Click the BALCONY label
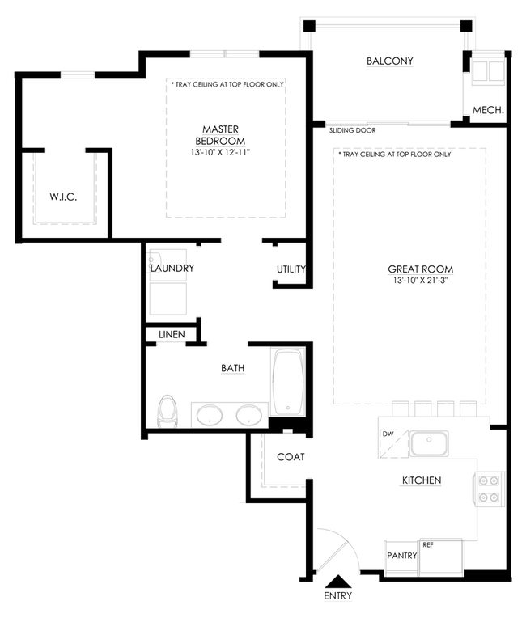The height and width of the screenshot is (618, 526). pyautogui.click(x=389, y=61)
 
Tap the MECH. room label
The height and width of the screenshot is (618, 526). pyautogui.click(x=488, y=110)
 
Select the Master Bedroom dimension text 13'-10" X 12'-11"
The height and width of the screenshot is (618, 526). pyautogui.click(x=220, y=152)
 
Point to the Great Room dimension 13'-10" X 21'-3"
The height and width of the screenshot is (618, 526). pyautogui.click(x=420, y=280)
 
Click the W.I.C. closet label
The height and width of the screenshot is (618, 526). pyautogui.click(x=63, y=197)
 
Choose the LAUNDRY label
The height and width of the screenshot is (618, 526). pyautogui.click(x=172, y=268)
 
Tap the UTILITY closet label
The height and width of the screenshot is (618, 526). pyautogui.click(x=291, y=269)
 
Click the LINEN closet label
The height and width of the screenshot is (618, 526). pyautogui.click(x=172, y=334)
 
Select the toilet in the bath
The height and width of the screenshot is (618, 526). pyautogui.click(x=168, y=411)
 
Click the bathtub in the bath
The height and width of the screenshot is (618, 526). pyautogui.click(x=288, y=383)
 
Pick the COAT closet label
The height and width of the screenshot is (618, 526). pyautogui.click(x=291, y=457)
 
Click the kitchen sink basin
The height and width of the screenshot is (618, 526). pyautogui.click(x=429, y=443)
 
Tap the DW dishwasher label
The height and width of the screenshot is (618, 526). pyautogui.click(x=388, y=434)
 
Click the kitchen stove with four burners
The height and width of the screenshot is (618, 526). pyautogui.click(x=489, y=489)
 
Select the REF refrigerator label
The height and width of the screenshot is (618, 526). pyautogui.click(x=428, y=545)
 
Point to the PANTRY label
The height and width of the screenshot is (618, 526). pyautogui.click(x=402, y=556)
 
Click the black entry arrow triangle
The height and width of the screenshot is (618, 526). pyautogui.click(x=338, y=582)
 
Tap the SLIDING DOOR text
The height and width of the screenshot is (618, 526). pyautogui.click(x=353, y=130)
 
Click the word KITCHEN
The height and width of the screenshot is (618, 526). pyautogui.click(x=422, y=480)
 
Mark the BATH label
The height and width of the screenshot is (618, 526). pyautogui.click(x=232, y=368)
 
